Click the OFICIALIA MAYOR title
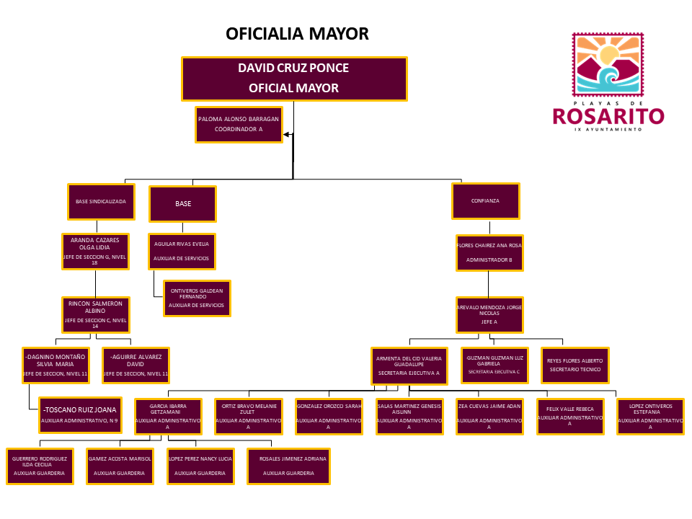(297, 34)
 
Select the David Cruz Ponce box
(294, 79)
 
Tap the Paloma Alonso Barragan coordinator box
(239, 125)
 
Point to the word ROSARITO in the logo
(608, 116)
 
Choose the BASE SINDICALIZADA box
(102, 203)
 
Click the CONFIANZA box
(486, 201)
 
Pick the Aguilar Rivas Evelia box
(182, 251)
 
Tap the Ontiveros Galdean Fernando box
(197, 298)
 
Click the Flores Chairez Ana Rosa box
(489, 252)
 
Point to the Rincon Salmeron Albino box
(96, 315)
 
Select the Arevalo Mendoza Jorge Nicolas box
(489, 315)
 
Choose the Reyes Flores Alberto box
(575, 365)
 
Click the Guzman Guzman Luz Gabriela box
(494, 365)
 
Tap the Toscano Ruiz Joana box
(79, 414)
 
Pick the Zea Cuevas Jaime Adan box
(489, 416)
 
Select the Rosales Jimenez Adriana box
(288, 466)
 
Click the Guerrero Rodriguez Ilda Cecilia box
(40, 466)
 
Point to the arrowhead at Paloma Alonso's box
(287, 134)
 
